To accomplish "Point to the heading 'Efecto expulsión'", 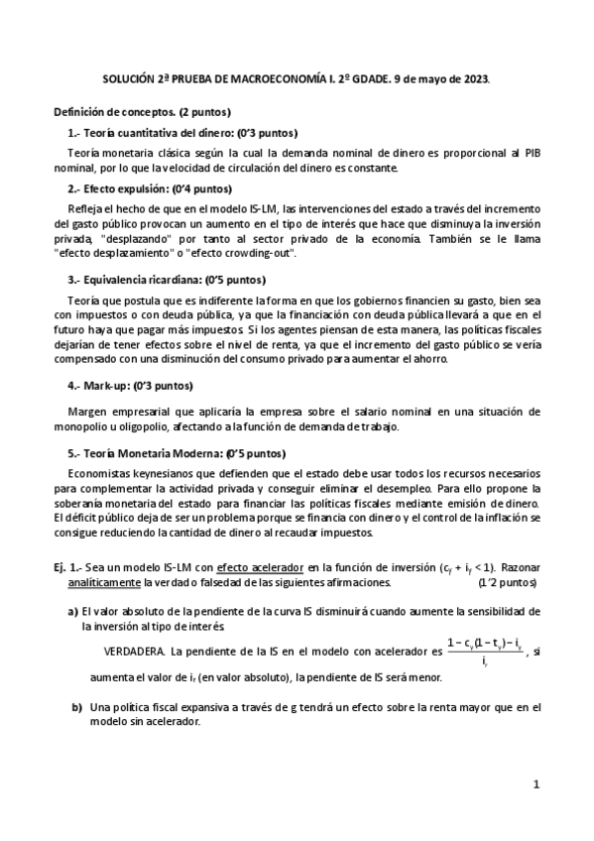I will [124, 188].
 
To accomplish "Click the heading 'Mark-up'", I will [105, 385].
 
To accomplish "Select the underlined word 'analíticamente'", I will [112, 582].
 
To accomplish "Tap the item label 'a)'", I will [72, 612].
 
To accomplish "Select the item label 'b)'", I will [75, 707].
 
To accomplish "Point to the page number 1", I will [535, 784].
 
